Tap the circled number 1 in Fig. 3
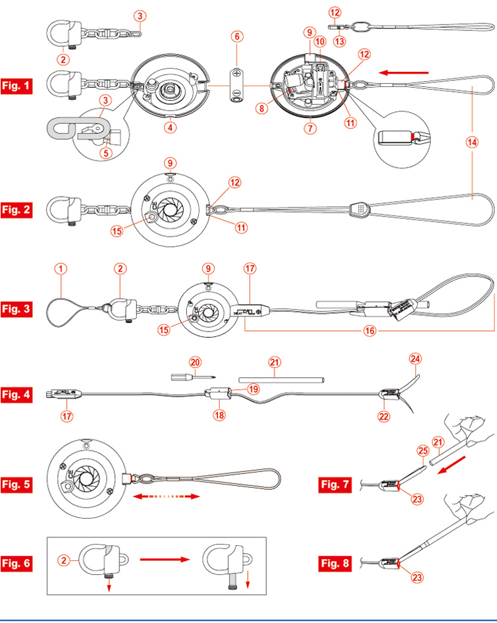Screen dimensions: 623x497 point(61,269)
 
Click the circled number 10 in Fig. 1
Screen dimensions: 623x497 point(320,41)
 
